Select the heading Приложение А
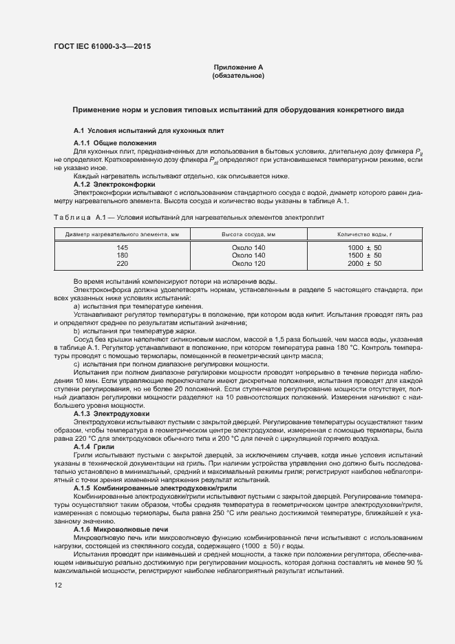[x=238, y=67]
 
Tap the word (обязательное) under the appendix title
[x=238, y=76]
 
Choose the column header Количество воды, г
[x=365, y=234]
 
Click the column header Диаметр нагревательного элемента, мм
[x=122, y=234]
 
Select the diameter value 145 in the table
[x=122, y=247]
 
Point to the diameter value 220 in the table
[x=122, y=264]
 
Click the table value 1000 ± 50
[x=365, y=247]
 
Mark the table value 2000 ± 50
[x=365, y=264]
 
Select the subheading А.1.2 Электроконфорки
[x=114, y=185]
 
